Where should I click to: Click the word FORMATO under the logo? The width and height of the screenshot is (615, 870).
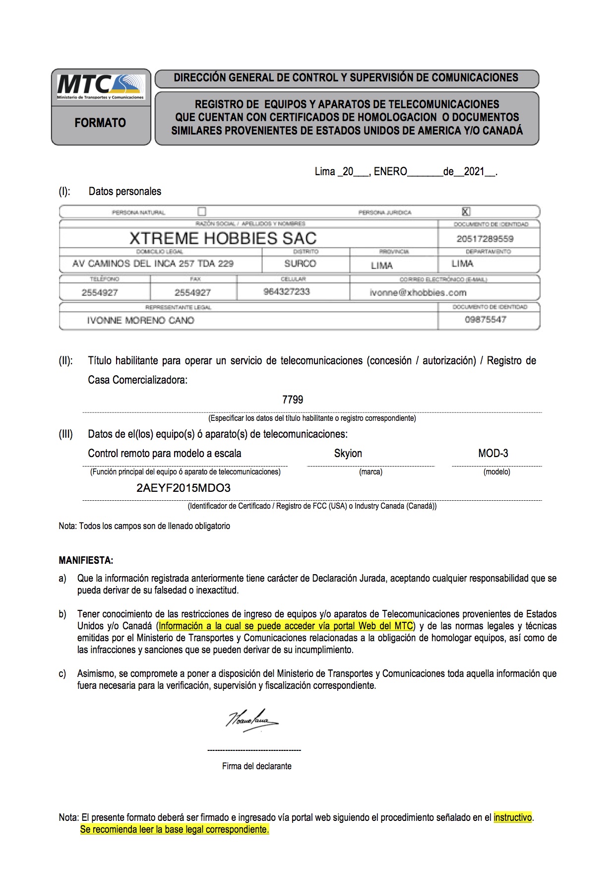click(100, 123)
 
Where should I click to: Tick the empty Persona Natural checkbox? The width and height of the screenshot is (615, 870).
click(201, 211)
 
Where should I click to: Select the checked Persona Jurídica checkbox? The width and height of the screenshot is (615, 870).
click(466, 211)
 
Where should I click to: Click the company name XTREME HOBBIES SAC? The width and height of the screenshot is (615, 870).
click(223, 238)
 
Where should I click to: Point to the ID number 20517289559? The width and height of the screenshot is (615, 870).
click(485, 239)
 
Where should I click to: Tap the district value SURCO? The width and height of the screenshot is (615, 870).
click(300, 264)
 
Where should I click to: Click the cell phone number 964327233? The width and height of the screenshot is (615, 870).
click(287, 292)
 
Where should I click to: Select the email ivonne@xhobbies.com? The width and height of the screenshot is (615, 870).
click(418, 292)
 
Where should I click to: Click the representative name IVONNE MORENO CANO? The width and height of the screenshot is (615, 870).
click(140, 320)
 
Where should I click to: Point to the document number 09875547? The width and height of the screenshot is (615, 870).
click(486, 320)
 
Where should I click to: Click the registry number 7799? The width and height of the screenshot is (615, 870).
click(293, 400)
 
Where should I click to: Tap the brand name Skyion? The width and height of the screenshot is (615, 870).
click(348, 453)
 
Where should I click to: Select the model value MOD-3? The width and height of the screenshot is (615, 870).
click(493, 453)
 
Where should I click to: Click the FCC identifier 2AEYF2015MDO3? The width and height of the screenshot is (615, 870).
click(184, 488)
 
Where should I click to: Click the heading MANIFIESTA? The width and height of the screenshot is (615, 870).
click(86, 560)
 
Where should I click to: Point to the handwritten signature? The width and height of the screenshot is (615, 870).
click(252, 720)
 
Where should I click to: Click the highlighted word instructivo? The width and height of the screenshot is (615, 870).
click(513, 817)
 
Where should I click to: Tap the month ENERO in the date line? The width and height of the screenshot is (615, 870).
click(390, 172)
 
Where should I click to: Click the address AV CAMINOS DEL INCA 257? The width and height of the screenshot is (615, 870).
click(153, 264)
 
